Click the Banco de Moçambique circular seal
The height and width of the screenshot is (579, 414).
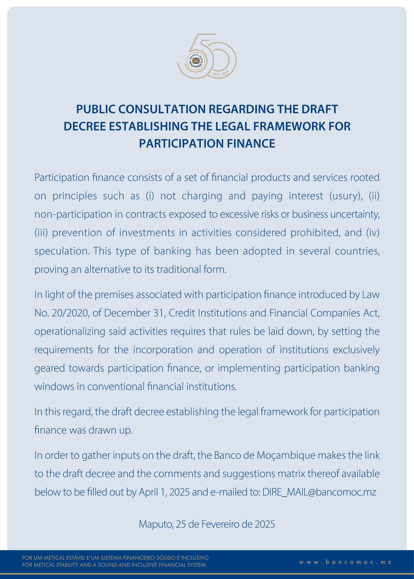click(196, 61)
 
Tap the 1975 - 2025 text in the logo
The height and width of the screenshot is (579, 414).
click(221, 73)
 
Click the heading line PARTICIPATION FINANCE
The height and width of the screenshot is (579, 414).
click(207, 143)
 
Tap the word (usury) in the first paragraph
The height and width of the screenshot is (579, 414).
click(346, 196)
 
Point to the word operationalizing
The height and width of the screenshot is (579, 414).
click(70, 331)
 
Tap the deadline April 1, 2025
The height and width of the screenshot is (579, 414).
click(164, 492)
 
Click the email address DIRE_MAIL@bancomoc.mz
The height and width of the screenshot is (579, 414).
click(319, 492)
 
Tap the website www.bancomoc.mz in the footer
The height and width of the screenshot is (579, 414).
click(345, 562)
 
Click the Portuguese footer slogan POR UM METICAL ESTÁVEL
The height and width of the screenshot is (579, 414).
click(115, 558)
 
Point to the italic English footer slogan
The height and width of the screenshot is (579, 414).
click(114, 565)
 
